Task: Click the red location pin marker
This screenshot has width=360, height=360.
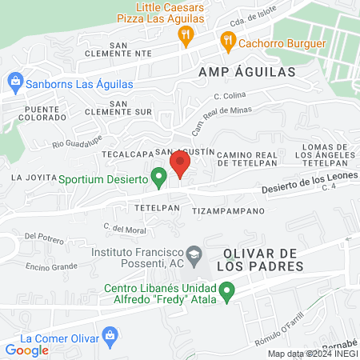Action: coord(180,165)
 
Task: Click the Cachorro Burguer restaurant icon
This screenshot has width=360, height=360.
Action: coord(227,40)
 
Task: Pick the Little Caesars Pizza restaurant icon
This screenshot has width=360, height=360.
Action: coord(186,34)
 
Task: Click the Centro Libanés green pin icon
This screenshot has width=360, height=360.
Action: coord(227,292)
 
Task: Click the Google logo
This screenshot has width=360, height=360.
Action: coord(27,350)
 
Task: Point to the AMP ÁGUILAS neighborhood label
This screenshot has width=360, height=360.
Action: coord(247,71)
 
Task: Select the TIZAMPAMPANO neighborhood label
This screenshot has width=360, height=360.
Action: coord(228,211)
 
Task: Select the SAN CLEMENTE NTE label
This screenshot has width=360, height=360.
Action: coord(130,48)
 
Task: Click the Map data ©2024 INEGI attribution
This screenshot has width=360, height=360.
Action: coord(311,353)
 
